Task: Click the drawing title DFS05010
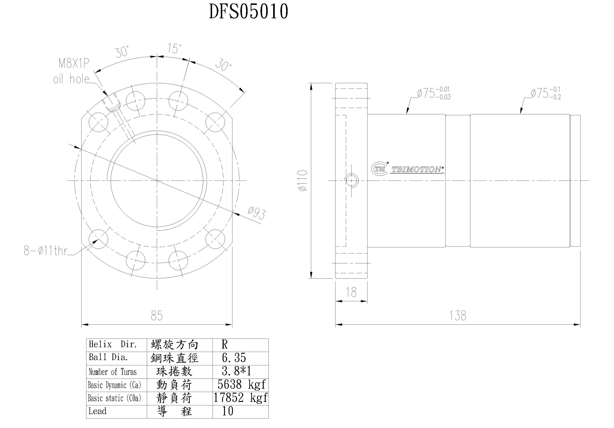pyautogui.click(x=248, y=12)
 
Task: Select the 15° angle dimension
pyautogui.click(x=174, y=49)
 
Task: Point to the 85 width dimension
pyautogui.click(x=157, y=316)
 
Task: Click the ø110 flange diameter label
pyautogui.click(x=303, y=181)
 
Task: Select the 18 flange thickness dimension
pyautogui.click(x=351, y=292)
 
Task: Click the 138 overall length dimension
pyautogui.click(x=458, y=316)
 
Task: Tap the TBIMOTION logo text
pyautogui.click(x=416, y=170)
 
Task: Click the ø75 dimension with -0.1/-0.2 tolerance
pyautogui.click(x=546, y=93)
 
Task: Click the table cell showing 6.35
pyautogui.click(x=234, y=358)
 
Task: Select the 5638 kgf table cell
pyautogui.click(x=241, y=385)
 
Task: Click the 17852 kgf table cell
pyautogui.click(x=240, y=398)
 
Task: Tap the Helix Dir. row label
pyautogui.click(x=113, y=344)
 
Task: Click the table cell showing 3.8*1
pyautogui.click(x=236, y=371)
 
